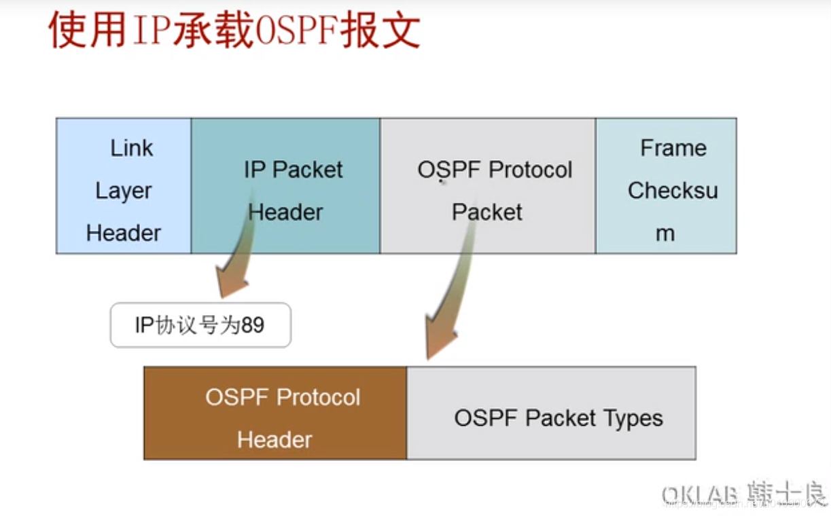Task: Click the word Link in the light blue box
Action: (x=132, y=148)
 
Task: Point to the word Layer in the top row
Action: (x=123, y=191)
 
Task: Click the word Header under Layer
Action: (x=123, y=233)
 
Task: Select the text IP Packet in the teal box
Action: (x=293, y=170)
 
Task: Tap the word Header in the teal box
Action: (x=285, y=212)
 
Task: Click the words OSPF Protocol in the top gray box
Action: (x=495, y=170)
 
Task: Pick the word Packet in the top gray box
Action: (x=487, y=212)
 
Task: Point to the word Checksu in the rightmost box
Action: (x=672, y=191)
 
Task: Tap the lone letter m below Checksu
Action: (x=665, y=234)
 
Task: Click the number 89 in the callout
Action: (x=252, y=325)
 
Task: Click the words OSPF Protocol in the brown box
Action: (x=283, y=397)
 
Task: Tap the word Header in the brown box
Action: (x=275, y=439)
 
